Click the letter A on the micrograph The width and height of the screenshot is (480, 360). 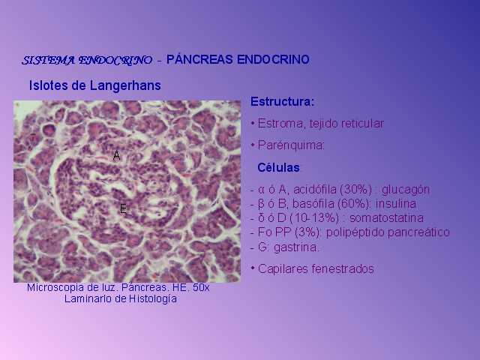click(117, 156)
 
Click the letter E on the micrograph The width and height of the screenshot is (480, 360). click(123, 208)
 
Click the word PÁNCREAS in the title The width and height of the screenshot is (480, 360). click(199, 59)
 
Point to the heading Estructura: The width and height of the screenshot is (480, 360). click(282, 102)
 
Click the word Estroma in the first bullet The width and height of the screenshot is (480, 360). click(280, 124)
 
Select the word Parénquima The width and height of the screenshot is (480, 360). click(291, 145)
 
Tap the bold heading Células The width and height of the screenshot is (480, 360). click(278, 168)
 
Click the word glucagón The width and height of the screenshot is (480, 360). click(406, 190)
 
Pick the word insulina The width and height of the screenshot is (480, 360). click(396, 204)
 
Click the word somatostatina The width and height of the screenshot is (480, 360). click(387, 218)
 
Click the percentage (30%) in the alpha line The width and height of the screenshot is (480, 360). click(356, 190)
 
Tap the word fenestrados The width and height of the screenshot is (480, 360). click(343, 269)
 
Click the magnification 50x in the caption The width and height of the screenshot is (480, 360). click(201, 288)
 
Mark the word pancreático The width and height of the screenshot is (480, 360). click(418, 232)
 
